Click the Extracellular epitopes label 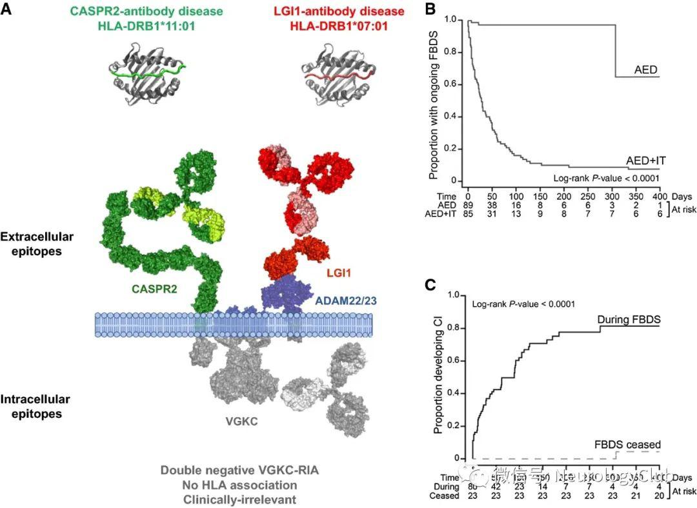tap(37, 244)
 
